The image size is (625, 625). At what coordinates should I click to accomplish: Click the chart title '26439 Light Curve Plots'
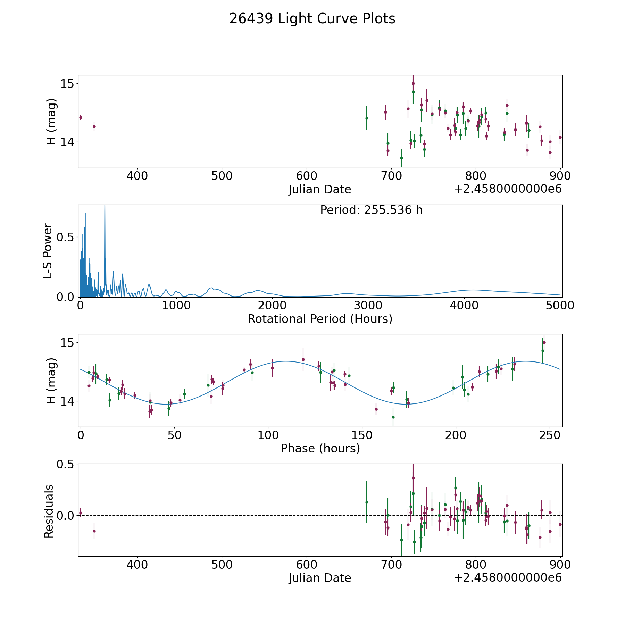point(312,19)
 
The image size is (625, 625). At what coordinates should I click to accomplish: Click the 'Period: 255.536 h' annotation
point(371,210)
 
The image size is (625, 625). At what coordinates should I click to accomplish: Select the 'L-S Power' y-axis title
point(48,251)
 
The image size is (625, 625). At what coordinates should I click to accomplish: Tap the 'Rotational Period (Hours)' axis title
point(320,319)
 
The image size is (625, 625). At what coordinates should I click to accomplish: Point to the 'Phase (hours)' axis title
point(320,448)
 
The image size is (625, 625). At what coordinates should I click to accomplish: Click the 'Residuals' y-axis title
point(49,511)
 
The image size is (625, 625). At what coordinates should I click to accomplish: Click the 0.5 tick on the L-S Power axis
point(66,237)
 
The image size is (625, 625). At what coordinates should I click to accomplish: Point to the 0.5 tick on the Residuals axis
point(66,464)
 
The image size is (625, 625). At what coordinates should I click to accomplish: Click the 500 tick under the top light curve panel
point(222,176)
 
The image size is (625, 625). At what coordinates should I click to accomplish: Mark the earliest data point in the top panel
point(81,117)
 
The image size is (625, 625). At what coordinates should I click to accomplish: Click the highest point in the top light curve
point(413,83)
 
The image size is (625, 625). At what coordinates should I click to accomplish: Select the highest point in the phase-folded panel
point(544,342)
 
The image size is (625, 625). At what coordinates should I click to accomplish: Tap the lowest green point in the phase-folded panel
point(393,417)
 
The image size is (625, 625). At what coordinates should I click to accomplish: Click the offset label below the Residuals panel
point(508,578)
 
